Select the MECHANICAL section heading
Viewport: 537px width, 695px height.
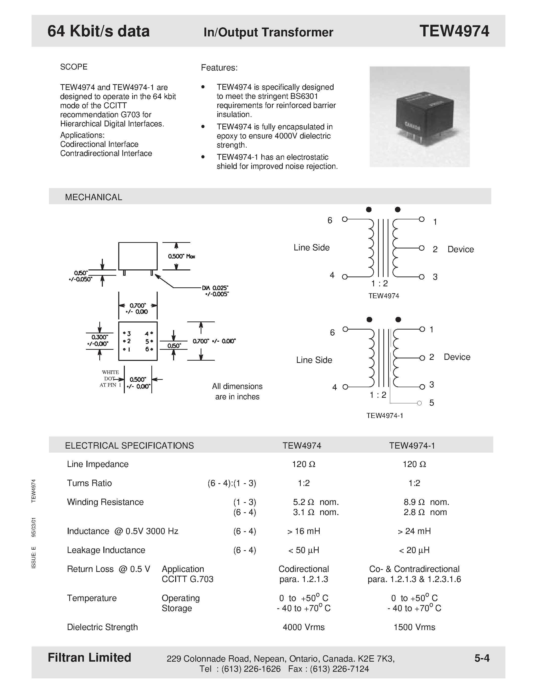[94, 197]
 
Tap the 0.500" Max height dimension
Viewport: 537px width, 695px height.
[182, 256]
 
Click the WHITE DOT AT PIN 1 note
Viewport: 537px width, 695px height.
[110, 378]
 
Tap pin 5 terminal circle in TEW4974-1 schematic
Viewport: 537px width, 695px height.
[419, 403]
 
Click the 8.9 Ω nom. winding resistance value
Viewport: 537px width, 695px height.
[426, 502]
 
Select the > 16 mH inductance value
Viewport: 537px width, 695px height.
[303, 531]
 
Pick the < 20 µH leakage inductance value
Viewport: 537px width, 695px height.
[414, 550]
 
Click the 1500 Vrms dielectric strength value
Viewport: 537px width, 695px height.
[414, 627]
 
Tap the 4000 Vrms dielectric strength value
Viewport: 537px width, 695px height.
[303, 627]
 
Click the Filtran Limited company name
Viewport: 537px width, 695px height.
[89, 657]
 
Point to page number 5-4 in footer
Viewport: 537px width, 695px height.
[482, 658]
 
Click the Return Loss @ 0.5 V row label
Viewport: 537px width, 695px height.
[108, 569]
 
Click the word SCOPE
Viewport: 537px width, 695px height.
[74, 67]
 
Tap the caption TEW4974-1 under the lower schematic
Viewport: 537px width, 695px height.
[385, 415]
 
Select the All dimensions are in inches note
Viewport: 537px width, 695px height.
[237, 391]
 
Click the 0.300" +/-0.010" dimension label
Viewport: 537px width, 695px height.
[100, 340]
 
